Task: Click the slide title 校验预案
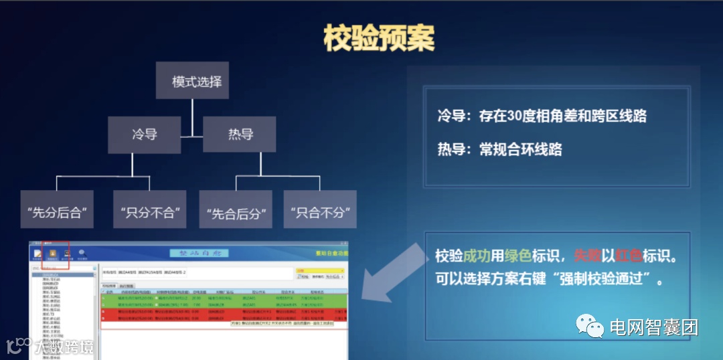379,38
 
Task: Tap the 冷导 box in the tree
144,134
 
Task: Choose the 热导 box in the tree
240,134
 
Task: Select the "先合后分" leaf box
236,213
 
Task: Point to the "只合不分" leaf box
319,213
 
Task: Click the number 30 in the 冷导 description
515,116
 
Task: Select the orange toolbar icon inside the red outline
52,254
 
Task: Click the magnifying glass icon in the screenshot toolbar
82,253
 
